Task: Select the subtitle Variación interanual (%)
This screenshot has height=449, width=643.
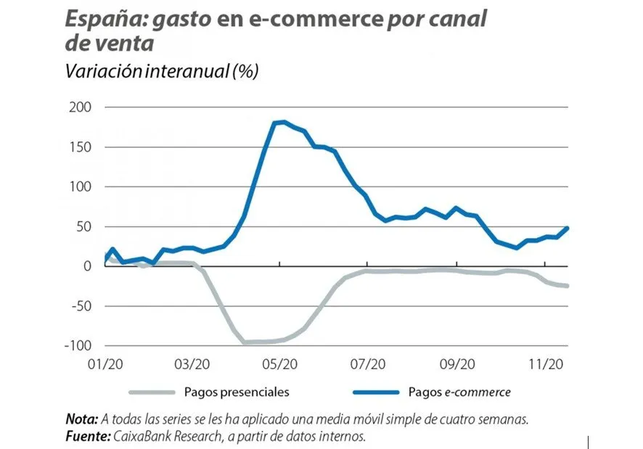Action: click(x=162, y=73)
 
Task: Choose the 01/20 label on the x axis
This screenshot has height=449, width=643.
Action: click(x=106, y=363)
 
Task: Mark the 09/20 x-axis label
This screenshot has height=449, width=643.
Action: click(x=457, y=363)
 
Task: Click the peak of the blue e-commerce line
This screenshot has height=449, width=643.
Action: click(x=283, y=122)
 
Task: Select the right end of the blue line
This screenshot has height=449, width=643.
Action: click(x=568, y=228)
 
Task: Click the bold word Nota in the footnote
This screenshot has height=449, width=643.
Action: click(x=80, y=419)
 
